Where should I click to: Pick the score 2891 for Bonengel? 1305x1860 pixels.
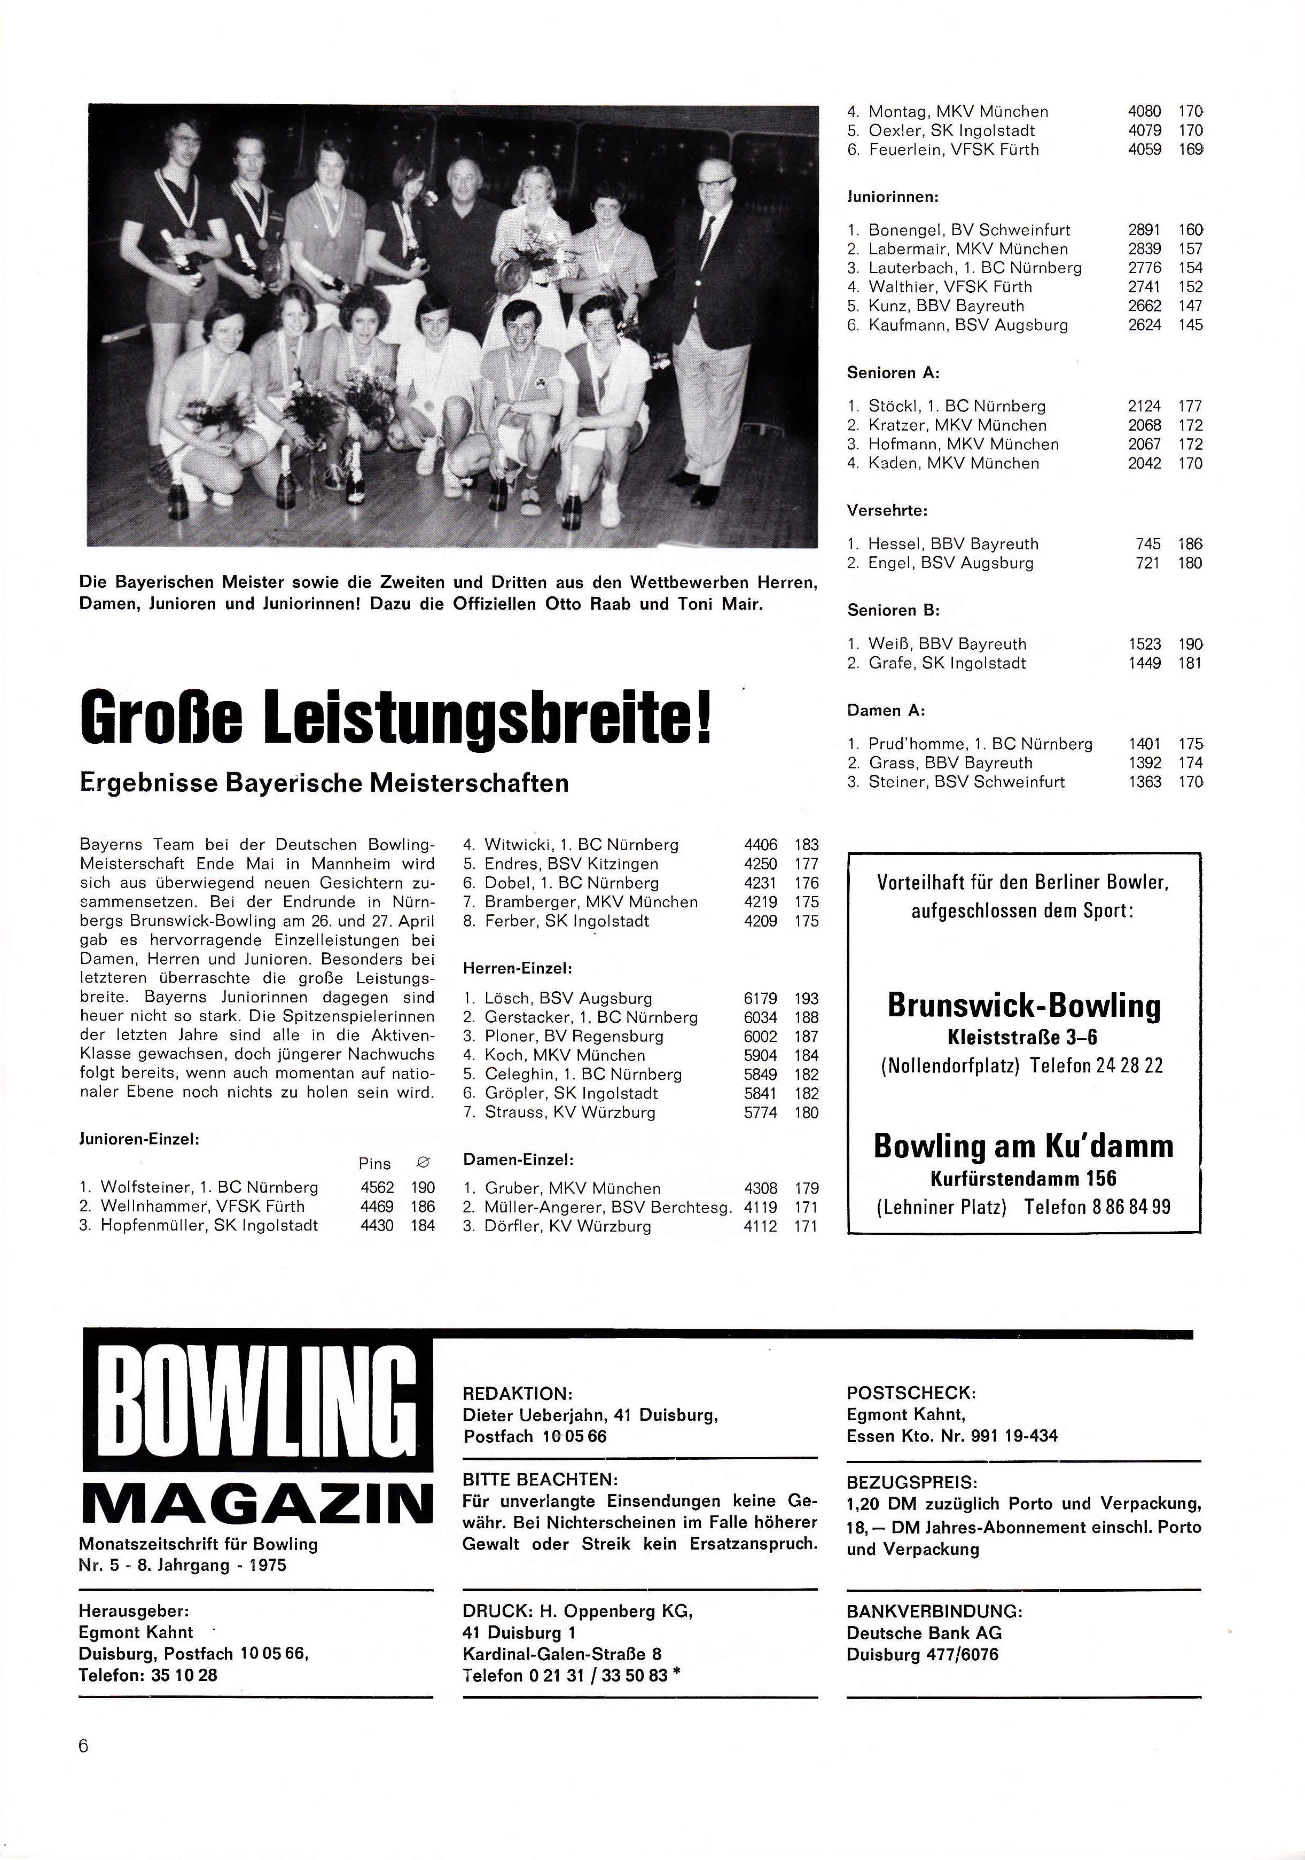pyautogui.click(x=1144, y=230)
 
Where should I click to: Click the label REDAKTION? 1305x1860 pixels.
pyautogui.click(x=517, y=1394)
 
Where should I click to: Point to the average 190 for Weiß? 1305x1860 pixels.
pyautogui.click(x=1190, y=644)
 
